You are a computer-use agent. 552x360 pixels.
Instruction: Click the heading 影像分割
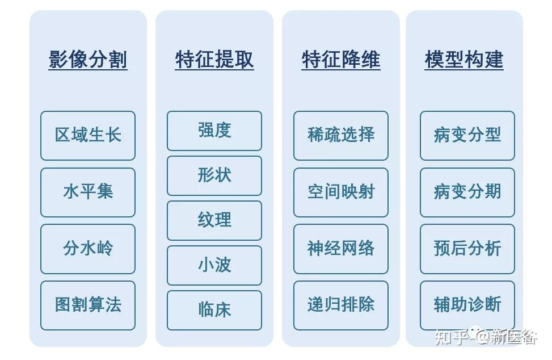88,60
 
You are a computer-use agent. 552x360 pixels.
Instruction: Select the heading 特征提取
214,60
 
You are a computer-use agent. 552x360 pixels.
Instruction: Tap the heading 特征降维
341,60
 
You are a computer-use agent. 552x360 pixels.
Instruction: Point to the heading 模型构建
464,60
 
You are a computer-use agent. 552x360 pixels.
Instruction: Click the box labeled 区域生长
88,135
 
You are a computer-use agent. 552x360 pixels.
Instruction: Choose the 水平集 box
88,192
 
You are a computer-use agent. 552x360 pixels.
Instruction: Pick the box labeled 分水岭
88,248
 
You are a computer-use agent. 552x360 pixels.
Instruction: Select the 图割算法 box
88,305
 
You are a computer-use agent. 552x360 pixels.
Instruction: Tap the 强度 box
214,131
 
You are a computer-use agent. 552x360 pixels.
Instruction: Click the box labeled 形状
214,175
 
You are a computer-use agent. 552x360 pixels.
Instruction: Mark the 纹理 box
214,220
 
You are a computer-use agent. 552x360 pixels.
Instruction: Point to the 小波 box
214,265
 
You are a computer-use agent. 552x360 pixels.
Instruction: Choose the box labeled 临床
214,310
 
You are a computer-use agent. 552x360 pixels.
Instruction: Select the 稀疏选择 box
341,135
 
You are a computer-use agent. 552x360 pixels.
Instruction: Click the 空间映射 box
341,192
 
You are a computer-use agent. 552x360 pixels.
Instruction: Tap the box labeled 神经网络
341,248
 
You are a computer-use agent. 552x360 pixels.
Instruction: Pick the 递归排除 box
341,305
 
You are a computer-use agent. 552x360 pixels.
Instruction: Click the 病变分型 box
467,135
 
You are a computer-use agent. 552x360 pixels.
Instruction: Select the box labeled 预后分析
467,248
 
